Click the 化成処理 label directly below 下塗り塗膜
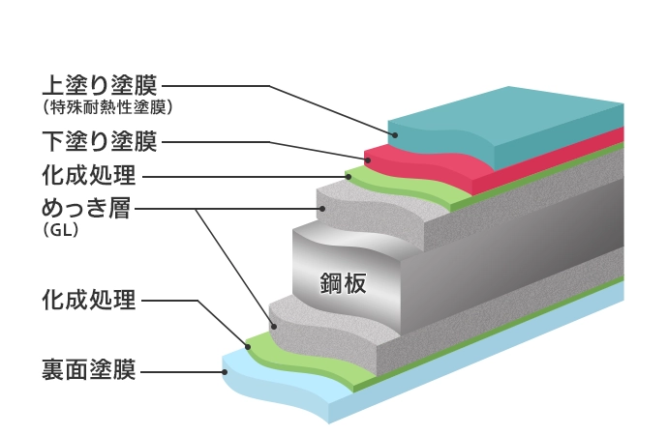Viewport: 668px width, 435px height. tap(88, 176)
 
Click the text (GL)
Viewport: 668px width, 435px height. tap(60, 231)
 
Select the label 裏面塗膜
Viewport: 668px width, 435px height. tap(88, 369)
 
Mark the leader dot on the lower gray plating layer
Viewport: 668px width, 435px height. tap(274, 326)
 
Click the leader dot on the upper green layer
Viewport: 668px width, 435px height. tap(348, 176)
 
